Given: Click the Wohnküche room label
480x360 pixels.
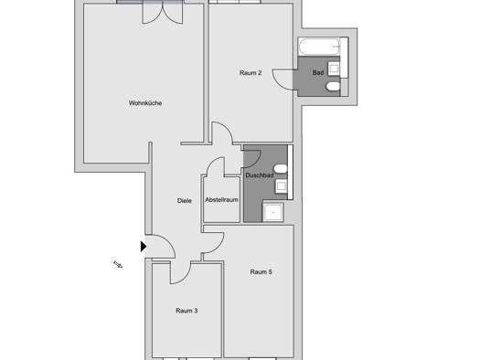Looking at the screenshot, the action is (145, 103).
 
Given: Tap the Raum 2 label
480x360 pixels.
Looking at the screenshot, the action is (251, 73).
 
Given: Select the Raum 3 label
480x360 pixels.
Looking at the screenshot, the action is (187, 311).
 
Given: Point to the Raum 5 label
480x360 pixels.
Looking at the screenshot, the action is (261, 272).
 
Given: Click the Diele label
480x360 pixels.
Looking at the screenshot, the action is (185, 201).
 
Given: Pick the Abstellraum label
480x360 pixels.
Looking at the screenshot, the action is (221, 200).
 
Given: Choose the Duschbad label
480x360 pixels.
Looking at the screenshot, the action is (260, 175).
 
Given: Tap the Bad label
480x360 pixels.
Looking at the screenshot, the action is (318, 73).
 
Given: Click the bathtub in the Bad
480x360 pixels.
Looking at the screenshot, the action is (320, 47).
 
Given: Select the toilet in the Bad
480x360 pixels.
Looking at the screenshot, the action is (334, 87).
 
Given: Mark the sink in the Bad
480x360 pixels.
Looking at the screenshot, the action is (334, 69).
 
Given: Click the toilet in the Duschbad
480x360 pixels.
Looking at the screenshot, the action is (281, 169).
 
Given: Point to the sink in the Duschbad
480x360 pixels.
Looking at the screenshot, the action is (281, 186).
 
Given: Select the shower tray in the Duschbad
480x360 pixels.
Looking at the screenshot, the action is (272, 212).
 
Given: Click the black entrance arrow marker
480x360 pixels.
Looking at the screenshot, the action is (144, 246).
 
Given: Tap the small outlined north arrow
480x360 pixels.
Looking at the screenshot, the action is (118, 265).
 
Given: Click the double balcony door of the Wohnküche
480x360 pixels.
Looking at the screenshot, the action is (163, 12).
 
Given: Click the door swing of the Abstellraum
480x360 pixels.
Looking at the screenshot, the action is (215, 165).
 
